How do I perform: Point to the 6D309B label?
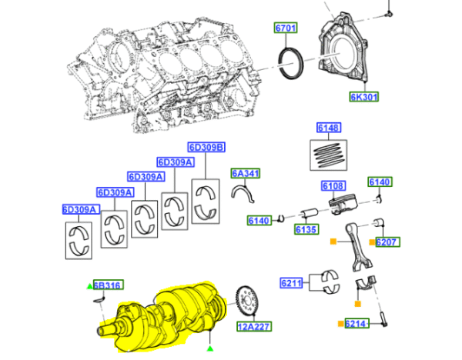tap(206, 147)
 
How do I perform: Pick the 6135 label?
tap(306, 229)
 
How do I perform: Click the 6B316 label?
tap(108, 285)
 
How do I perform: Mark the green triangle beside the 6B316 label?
tap(89, 285)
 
